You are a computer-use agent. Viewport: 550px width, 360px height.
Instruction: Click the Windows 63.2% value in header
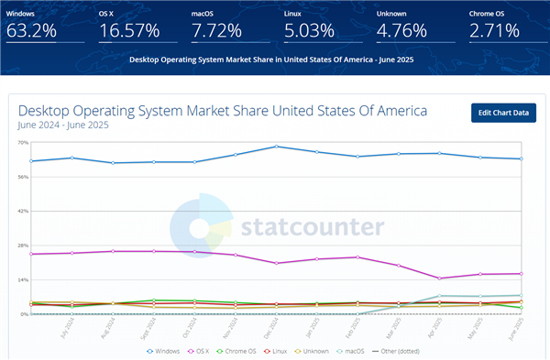click(32, 30)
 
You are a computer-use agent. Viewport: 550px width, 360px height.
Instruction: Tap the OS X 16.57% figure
click(128, 30)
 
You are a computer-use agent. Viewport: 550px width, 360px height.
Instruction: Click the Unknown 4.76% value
click(404, 30)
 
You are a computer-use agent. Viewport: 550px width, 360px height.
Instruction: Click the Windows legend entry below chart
click(163, 351)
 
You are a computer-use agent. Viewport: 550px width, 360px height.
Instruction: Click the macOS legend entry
click(376, 351)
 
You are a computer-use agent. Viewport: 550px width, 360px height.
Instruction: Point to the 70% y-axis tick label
click(22, 143)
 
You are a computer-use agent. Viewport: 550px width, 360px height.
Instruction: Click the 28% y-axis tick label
click(22, 245)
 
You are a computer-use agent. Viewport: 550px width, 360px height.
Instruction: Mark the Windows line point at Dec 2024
click(276, 147)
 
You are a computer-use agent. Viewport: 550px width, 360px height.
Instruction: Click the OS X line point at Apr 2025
click(440, 278)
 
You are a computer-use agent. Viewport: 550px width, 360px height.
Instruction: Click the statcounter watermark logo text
click(312, 227)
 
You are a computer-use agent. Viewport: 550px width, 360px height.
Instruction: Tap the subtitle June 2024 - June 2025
click(63, 126)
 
